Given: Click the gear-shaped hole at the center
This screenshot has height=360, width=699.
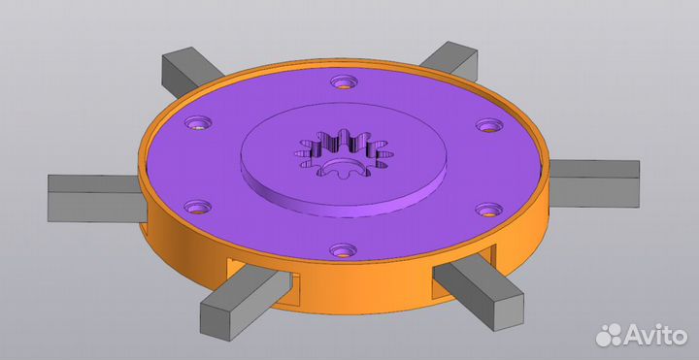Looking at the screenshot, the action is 344,153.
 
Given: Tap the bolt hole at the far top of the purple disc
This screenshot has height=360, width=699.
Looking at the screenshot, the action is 344,82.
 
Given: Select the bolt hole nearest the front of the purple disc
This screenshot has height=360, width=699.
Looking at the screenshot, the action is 344,250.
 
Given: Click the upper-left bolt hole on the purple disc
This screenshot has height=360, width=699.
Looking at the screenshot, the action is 198,122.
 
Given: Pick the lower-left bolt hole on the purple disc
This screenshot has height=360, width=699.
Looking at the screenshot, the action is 198,207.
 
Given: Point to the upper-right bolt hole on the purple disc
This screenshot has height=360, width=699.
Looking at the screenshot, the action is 489,125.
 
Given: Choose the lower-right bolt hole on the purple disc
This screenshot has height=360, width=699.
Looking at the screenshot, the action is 489,210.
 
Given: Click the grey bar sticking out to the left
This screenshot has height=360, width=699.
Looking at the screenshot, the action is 97,198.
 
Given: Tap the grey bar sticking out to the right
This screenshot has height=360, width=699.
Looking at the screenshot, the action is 594,183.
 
